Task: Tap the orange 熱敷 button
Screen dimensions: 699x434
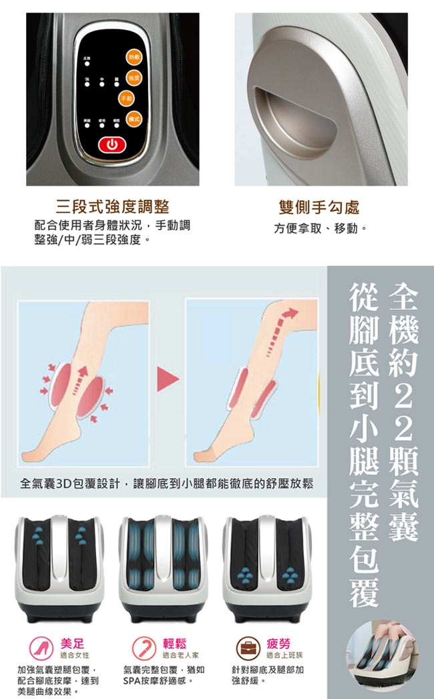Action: click(x=134, y=59)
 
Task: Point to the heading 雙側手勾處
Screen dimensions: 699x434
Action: click(x=318, y=208)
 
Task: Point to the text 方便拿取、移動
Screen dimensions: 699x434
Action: click(x=320, y=228)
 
